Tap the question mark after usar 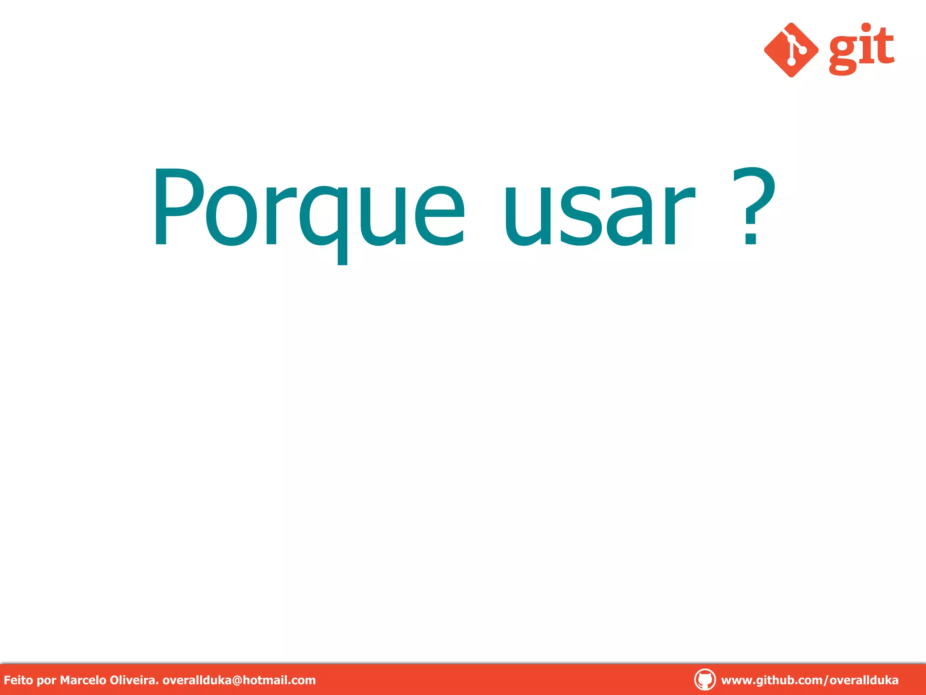[753, 206]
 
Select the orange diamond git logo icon [791, 50]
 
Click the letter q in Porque [323, 217]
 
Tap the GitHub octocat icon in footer [704, 680]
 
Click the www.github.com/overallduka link [809, 680]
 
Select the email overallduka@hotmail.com [239, 680]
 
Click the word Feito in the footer [18, 680]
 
